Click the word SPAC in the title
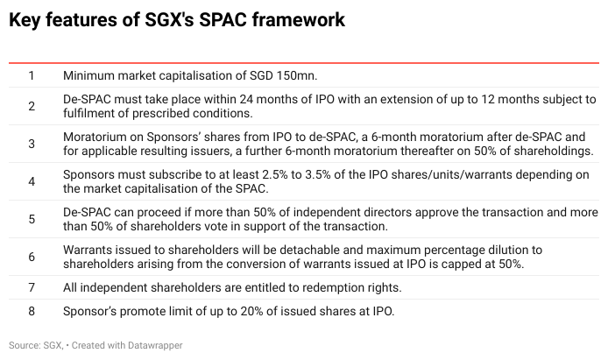(x=223, y=20)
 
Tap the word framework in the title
(x=299, y=20)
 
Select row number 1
(x=32, y=75)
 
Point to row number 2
(x=32, y=106)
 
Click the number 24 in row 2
(x=246, y=99)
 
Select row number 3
(x=32, y=144)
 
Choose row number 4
(x=32, y=181)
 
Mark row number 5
(x=32, y=219)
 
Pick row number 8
(x=32, y=311)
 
